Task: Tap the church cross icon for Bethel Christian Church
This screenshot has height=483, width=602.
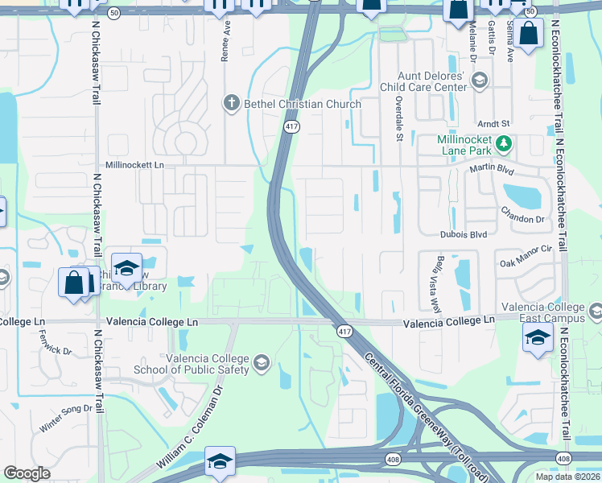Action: (x=231, y=103)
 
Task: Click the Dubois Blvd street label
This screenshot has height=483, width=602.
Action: (x=464, y=234)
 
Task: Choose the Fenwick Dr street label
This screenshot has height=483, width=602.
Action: (x=56, y=351)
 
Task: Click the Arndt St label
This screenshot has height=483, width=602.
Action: (x=494, y=124)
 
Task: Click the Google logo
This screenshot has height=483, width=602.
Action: (x=27, y=473)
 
